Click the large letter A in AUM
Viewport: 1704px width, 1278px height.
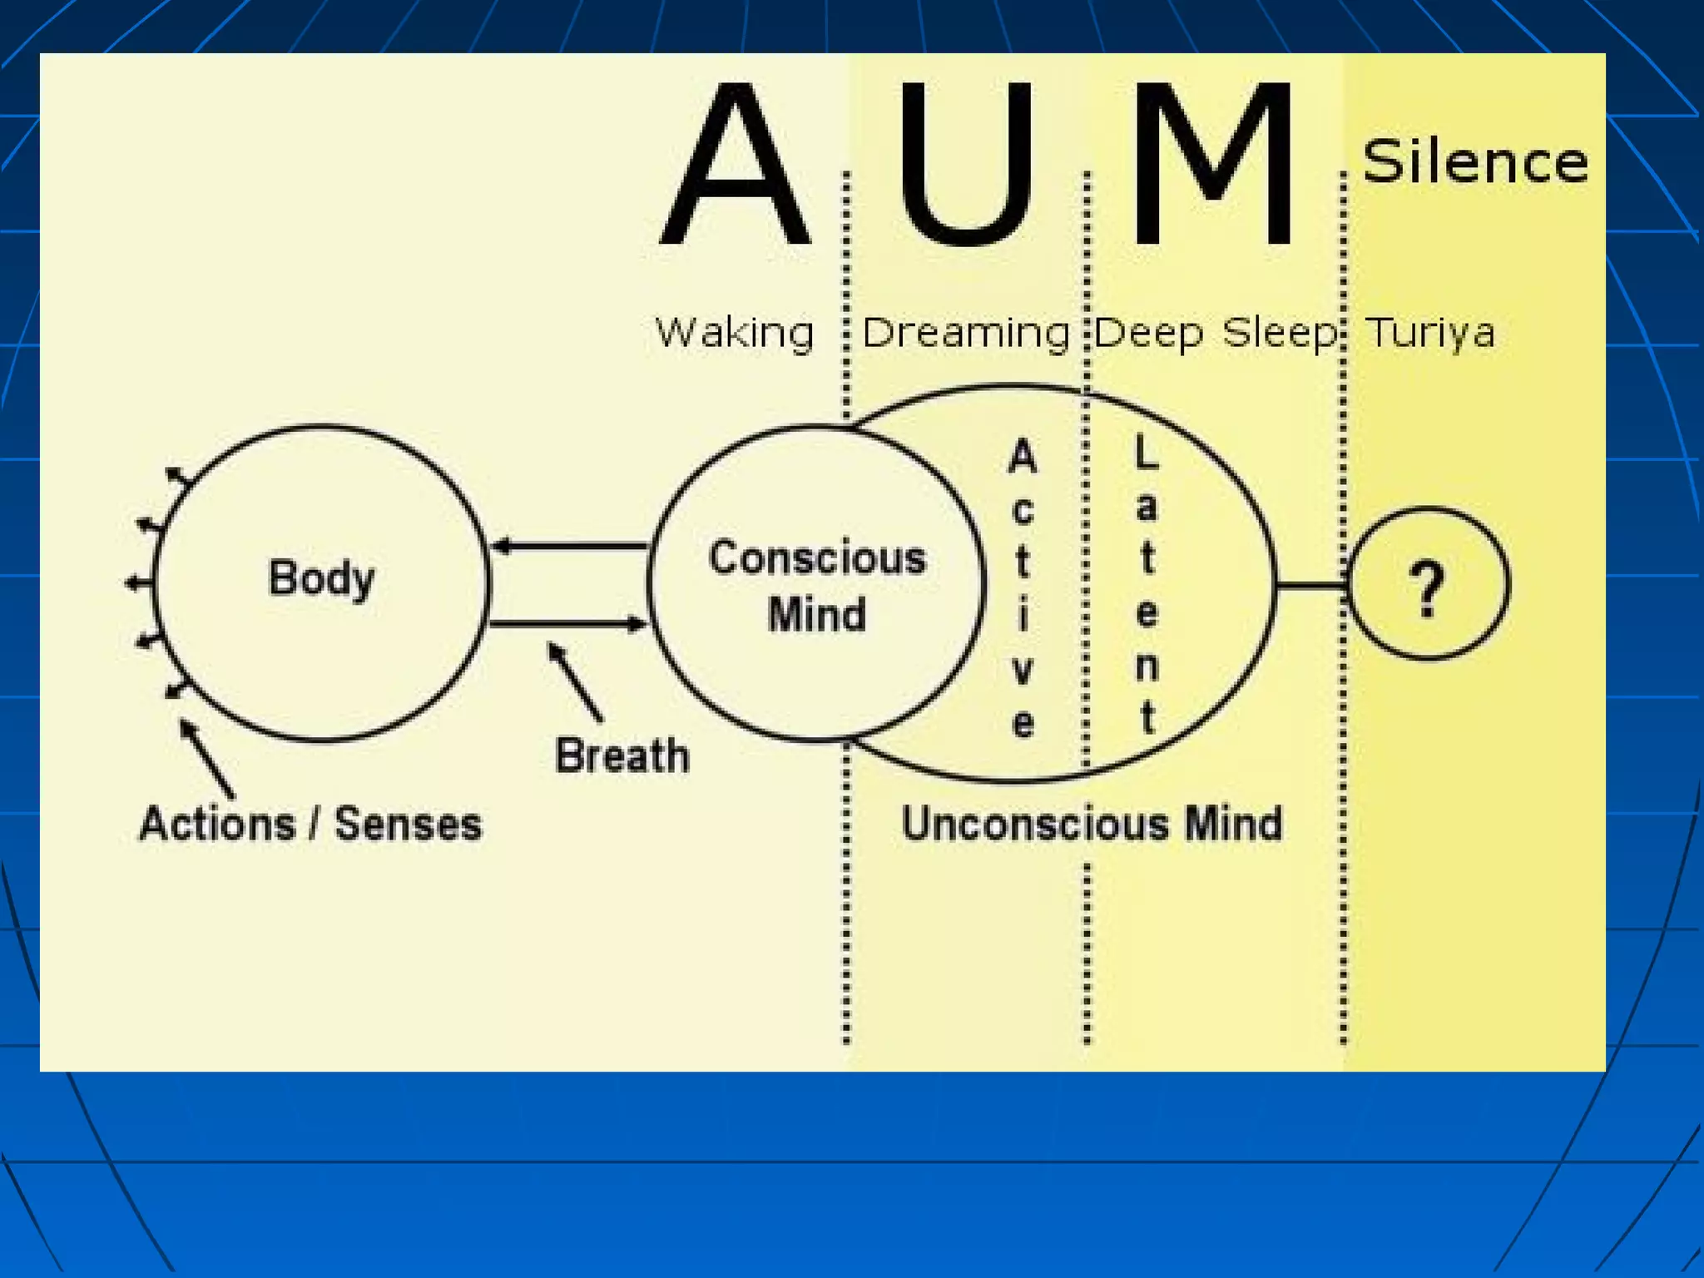point(736,166)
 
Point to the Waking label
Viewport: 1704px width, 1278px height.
point(734,333)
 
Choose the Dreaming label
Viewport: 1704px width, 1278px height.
point(965,333)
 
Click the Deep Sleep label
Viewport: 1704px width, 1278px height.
point(1215,333)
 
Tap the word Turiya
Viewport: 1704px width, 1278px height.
point(1429,333)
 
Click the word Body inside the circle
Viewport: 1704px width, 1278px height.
point(321,578)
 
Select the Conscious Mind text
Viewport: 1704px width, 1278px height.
point(817,586)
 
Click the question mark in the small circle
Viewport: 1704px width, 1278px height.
point(1428,587)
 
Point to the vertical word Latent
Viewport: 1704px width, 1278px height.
point(1147,586)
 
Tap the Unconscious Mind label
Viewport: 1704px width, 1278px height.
point(1092,824)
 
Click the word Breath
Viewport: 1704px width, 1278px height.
point(622,755)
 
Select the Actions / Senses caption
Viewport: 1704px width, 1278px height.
point(310,824)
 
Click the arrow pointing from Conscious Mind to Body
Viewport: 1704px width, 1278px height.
point(571,547)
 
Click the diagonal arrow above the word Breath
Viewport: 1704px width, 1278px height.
point(574,681)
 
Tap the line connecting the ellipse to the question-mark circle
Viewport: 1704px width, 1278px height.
point(1311,587)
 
